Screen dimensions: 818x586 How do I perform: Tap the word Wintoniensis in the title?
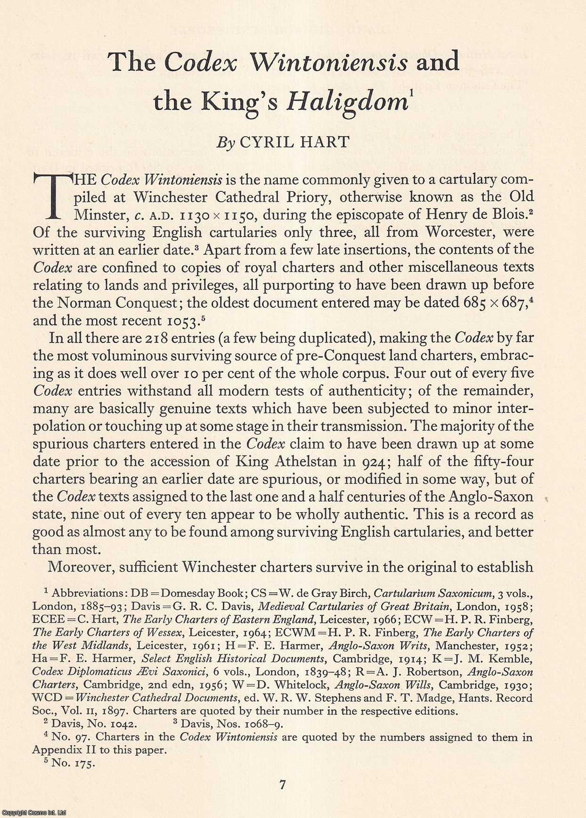328,62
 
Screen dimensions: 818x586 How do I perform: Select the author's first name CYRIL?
268,142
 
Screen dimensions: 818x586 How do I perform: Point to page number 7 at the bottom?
282,785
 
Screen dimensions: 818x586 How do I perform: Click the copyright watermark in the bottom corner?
33,813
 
